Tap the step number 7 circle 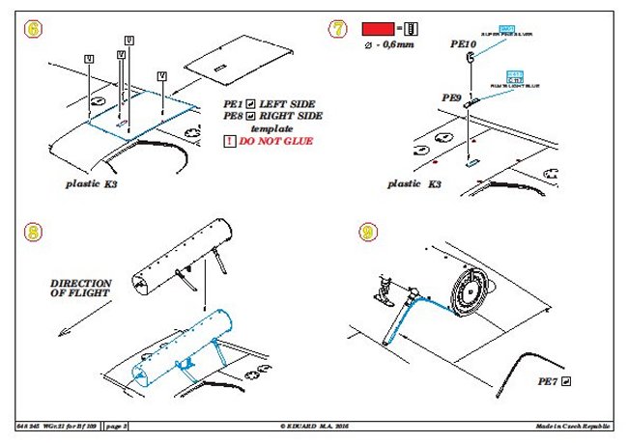point(338,29)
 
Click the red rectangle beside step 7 point(379,28)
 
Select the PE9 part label point(452,97)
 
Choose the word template point(271,128)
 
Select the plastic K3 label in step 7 point(416,182)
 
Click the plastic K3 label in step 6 point(97,182)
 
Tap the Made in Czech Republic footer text point(577,426)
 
